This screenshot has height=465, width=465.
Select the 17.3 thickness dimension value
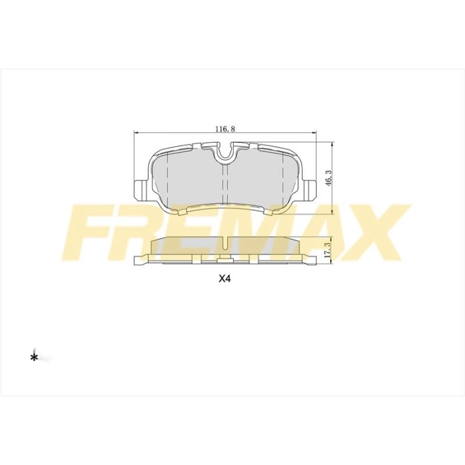pyautogui.click(x=328, y=249)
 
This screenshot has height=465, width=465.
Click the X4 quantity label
pyautogui.click(x=225, y=279)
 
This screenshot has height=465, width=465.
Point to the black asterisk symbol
pyautogui.click(x=34, y=358)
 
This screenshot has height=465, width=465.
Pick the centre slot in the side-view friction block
pyautogui.click(x=225, y=244)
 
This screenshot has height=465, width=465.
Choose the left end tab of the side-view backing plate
pyautogui.click(x=141, y=259)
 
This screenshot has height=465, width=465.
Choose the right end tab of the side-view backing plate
pyautogui.click(x=310, y=259)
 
